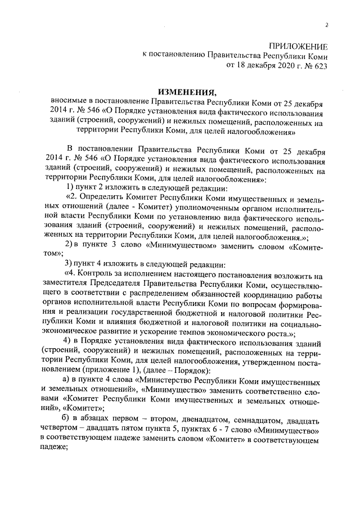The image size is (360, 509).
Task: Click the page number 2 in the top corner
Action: [x=326, y=25]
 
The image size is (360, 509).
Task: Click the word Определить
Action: [x=106, y=198]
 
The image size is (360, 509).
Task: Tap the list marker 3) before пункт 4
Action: [x=70, y=264]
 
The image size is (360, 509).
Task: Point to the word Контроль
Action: [x=105, y=275]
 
